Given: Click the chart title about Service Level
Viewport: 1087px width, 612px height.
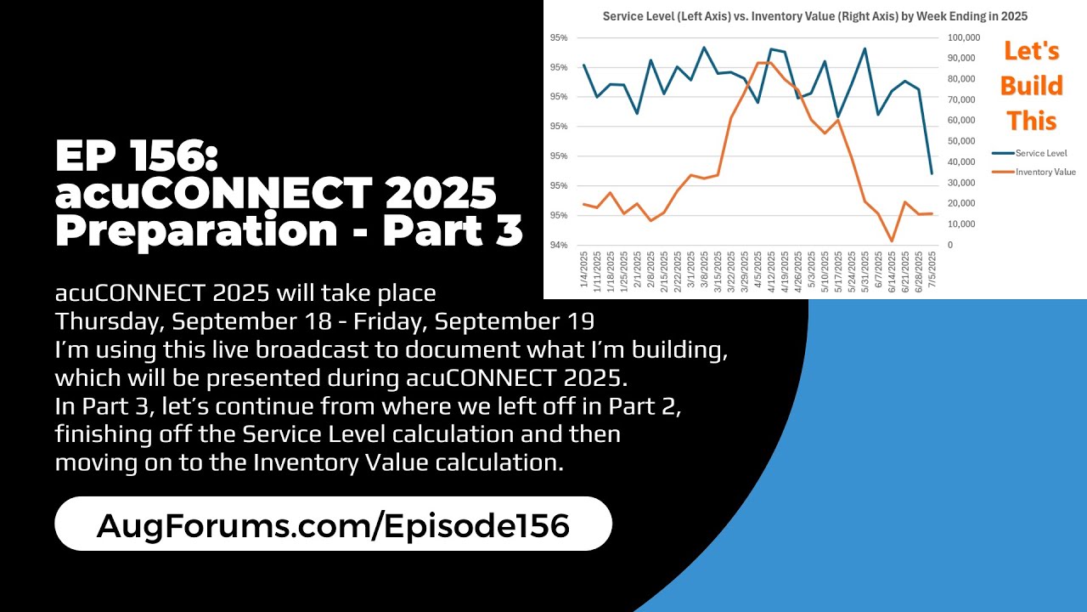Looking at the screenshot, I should [x=816, y=16].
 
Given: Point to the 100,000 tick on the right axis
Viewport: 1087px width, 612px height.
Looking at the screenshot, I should [x=965, y=37].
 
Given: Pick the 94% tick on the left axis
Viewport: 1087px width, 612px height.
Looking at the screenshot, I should [x=559, y=246].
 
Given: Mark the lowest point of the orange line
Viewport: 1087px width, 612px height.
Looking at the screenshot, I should [x=892, y=241].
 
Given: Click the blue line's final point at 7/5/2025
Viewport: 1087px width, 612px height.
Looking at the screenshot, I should [x=932, y=173].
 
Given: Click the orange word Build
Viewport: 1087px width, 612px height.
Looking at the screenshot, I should [x=1031, y=86].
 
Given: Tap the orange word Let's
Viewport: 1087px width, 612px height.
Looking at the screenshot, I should [x=1031, y=51].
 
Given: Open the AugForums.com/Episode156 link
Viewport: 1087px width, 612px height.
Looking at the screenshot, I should [x=333, y=525].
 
